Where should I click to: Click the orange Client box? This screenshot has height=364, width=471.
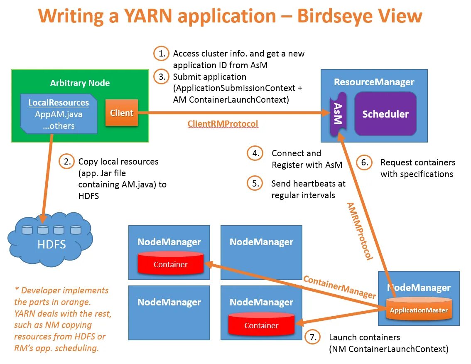121,113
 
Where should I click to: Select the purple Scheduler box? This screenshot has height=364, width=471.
385,114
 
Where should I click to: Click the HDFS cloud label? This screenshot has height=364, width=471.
52,244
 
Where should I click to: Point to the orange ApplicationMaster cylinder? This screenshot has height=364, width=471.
419,310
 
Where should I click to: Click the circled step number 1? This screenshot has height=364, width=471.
162,54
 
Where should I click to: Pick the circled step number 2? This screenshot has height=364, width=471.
66,161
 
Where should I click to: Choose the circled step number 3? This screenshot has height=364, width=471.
162,76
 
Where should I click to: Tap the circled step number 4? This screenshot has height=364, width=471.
255,153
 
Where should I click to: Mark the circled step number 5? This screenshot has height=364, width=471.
255,183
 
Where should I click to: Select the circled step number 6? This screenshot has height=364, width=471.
364,162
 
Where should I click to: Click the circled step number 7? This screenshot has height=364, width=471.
312,337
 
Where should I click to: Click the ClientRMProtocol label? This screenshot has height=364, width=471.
223,123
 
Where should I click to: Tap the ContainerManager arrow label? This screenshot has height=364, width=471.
339,287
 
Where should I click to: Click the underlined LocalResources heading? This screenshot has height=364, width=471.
59,103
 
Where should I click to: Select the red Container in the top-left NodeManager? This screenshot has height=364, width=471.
170,264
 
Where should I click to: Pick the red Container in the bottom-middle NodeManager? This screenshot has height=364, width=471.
261,325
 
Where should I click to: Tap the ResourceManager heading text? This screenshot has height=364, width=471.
374,82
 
